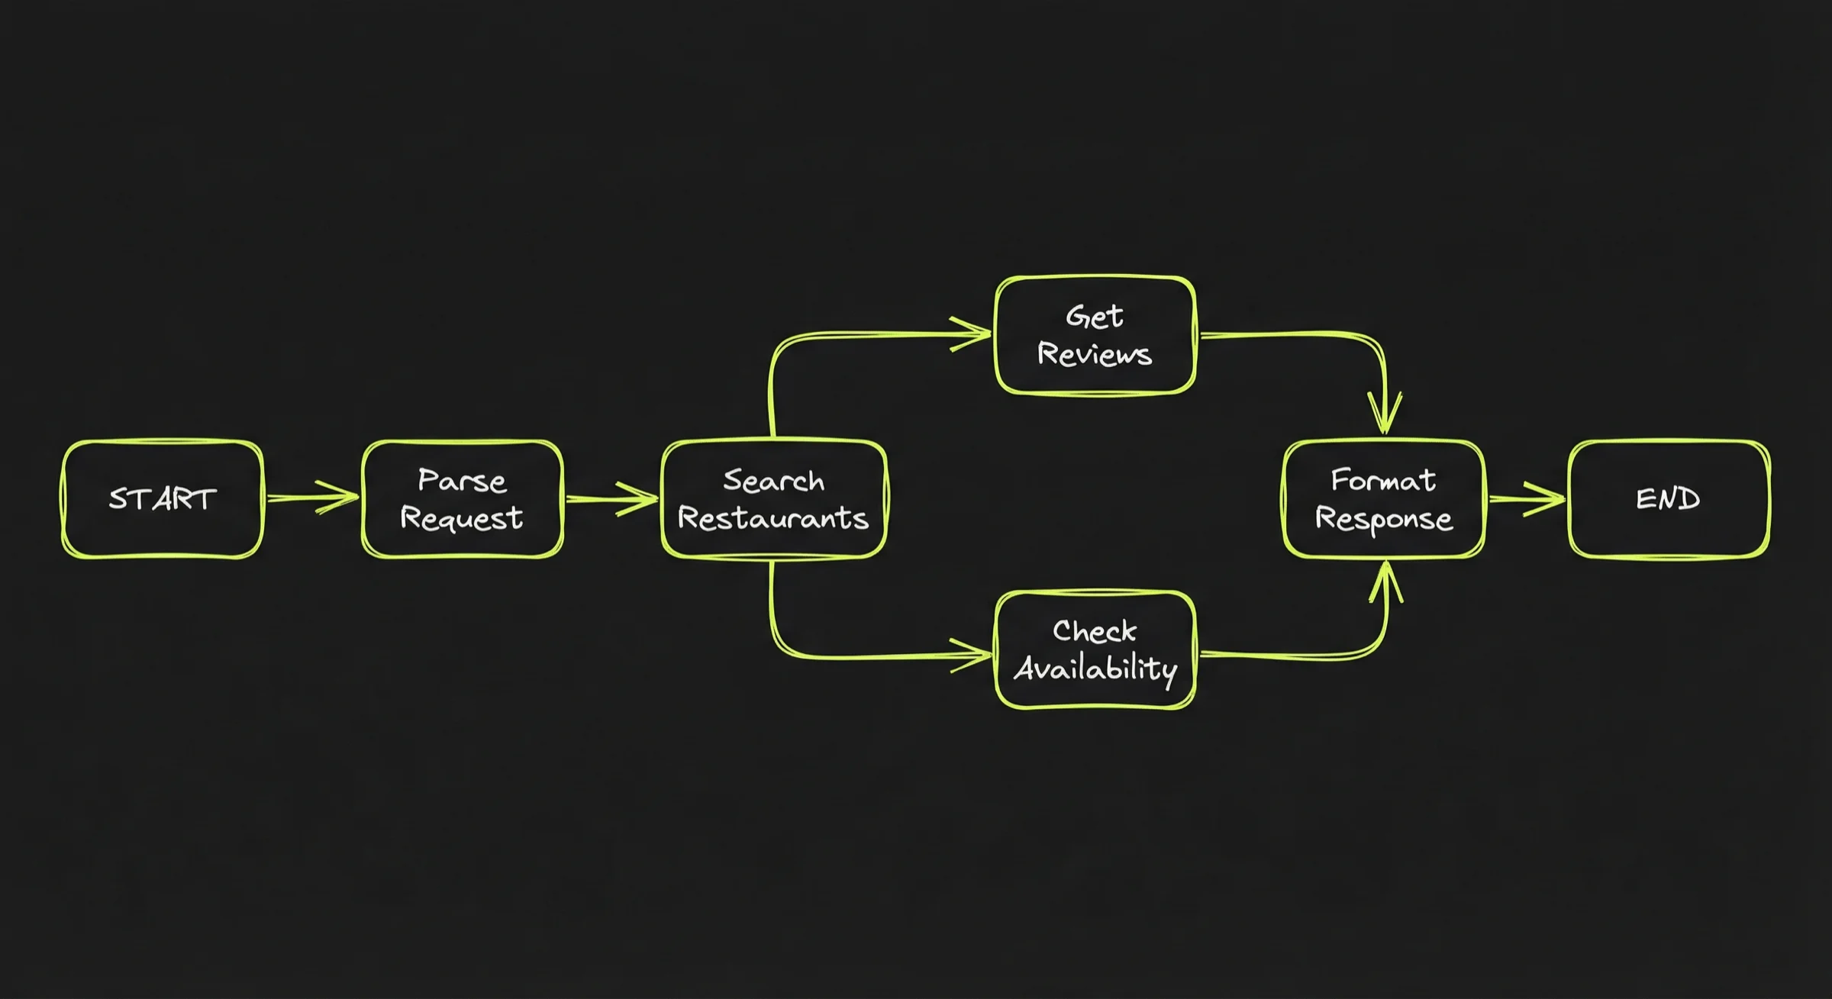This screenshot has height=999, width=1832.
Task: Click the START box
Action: pos(163,499)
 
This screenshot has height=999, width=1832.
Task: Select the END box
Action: pos(1669,499)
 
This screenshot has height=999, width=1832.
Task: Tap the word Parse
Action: pos(462,481)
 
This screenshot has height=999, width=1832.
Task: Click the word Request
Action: pos(462,518)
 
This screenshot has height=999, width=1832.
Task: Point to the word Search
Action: pos(773,481)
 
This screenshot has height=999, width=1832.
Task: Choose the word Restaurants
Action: pos(773,518)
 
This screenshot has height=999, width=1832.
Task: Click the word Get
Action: pos(1095,316)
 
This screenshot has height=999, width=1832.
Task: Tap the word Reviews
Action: pos(1095,354)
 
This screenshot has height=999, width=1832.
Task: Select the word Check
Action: pos(1095,631)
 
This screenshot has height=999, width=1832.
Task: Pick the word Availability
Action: pos(1095,669)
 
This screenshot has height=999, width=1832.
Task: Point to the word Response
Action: pos(1383,519)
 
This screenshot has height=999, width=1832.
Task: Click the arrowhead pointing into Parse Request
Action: pos(343,498)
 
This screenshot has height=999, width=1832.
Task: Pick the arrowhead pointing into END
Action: pos(1550,499)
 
